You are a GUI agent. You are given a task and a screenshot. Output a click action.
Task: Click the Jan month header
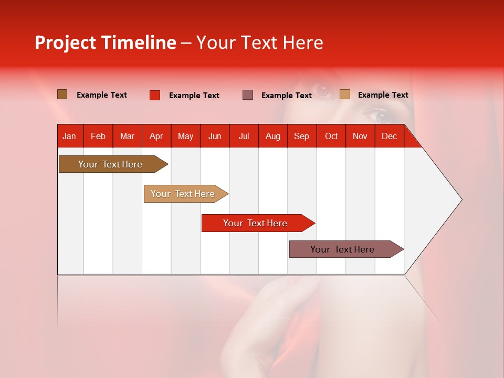[x=69, y=136]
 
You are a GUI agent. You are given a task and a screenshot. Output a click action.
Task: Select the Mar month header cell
[x=127, y=136]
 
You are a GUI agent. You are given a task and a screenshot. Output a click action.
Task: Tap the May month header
[x=185, y=136]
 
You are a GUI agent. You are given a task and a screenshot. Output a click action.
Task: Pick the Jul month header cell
[x=244, y=136]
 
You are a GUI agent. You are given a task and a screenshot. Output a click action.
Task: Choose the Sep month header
[x=301, y=136]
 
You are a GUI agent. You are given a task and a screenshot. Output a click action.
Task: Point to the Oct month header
[x=331, y=136]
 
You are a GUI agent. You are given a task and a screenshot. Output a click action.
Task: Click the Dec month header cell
[x=389, y=136]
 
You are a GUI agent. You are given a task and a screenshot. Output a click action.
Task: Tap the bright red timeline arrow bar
[x=256, y=223]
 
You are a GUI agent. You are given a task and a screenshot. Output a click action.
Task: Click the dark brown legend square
[x=62, y=94]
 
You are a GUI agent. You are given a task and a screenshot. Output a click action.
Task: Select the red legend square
[x=155, y=95]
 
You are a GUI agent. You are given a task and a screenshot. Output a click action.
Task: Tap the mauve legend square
[x=248, y=95]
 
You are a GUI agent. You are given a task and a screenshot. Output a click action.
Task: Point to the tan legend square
[x=345, y=94]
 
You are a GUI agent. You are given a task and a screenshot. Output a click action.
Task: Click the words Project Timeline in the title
[x=106, y=43]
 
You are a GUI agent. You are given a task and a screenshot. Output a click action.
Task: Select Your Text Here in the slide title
[x=259, y=43]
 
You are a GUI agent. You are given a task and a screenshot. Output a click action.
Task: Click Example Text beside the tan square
[x=383, y=95]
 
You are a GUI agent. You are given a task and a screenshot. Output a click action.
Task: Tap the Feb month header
[x=98, y=136]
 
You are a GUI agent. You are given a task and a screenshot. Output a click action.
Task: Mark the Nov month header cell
[x=360, y=136]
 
